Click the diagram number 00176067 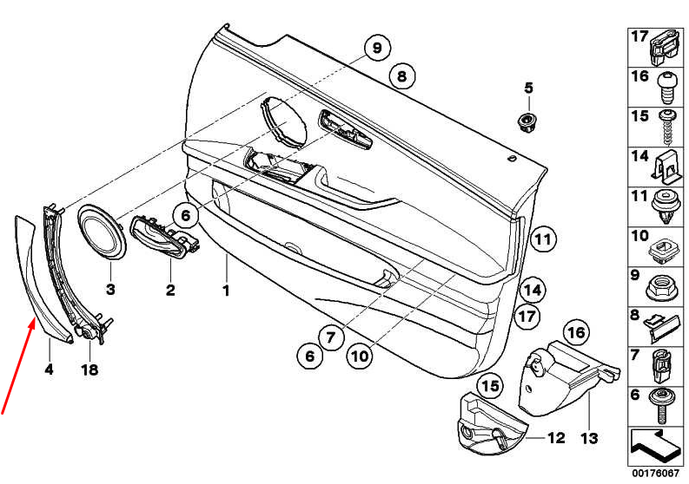[x=655, y=474]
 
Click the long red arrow [x=17, y=366]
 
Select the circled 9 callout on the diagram [x=377, y=48]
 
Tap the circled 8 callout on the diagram [x=402, y=76]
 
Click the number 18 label [x=89, y=370]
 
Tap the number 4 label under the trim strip [x=49, y=370]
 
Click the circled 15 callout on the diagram [x=490, y=386]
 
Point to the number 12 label [x=556, y=437]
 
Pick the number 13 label [x=589, y=438]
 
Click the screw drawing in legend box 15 [x=667, y=128]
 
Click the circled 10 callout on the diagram [x=360, y=356]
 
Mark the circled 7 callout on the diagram [x=330, y=337]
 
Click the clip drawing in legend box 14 [x=668, y=168]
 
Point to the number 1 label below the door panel [x=226, y=291]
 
